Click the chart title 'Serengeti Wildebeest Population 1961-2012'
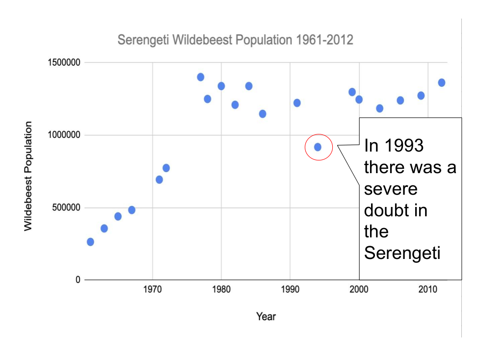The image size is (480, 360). pyautogui.click(x=235, y=40)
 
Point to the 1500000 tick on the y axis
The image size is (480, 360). pyautogui.click(x=64, y=63)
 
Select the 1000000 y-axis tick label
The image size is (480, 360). pyautogui.click(x=64, y=135)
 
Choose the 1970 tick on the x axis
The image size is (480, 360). pyautogui.click(x=152, y=289)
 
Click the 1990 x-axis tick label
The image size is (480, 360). pyautogui.click(x=290, y=289)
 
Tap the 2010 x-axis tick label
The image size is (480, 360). pyautogui.click(x=428, y=289)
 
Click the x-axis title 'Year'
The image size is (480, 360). pyautogui.click(x=266, y=317)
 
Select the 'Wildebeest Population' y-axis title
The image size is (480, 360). pyautogui.click(x=28, y=176)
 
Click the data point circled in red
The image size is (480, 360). pyautogui.click(x=318, y=147)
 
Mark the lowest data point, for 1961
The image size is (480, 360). pyautogui.click(x=90, y=242)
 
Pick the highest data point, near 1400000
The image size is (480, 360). pyautogui.click(x=200, y=77)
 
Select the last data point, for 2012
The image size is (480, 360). pyautogui.click(x=442, y=82)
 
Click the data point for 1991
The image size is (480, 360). pyautogui.click(x=297, y=103)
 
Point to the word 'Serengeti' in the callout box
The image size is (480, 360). pyautogui.click(x=402, y=253)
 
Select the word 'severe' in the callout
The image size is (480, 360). pyautogui.click(x=391, y=189)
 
